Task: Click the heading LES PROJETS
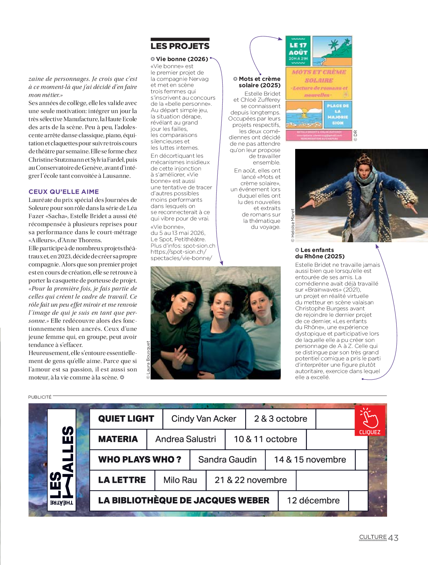(x=180, y=46)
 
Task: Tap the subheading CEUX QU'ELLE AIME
(x=64, y=192)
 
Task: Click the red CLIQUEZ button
(x=370, y=421)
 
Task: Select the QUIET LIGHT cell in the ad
(x=126, y=419)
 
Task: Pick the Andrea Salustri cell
(x=185, y=439)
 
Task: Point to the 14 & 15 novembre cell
(x=310, y=460)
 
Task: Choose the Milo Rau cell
(x=180, y=480)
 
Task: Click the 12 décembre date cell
(x=313, y=501)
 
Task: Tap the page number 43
(x=393, y=538)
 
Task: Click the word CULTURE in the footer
(x=373, y=537)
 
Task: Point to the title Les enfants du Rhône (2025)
(x=320, y=253)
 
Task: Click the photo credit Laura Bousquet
(x=148, y=360)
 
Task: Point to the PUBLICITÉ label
(x=40, y=397)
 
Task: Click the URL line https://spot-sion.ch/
(x=178, y=252)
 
